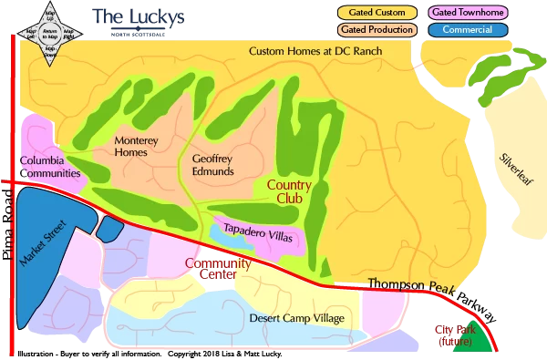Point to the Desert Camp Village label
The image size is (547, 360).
[296, 318]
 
